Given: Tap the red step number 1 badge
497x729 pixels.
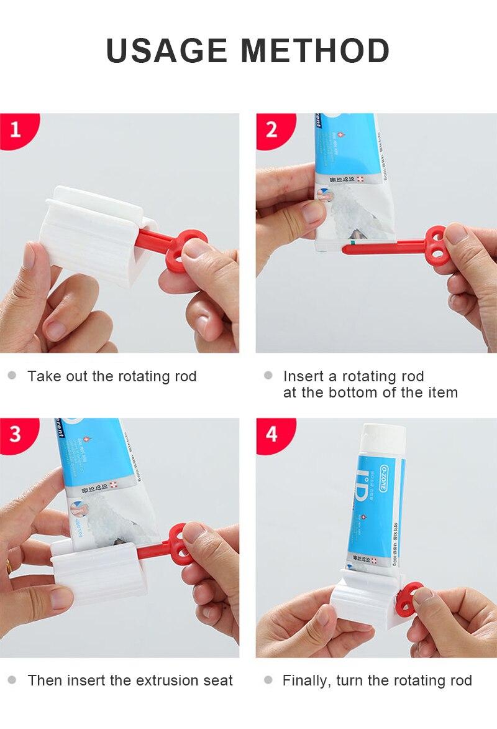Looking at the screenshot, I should point(16,130).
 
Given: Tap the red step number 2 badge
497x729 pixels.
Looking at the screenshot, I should point(271,130).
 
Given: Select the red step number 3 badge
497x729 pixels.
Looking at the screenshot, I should point(16,434).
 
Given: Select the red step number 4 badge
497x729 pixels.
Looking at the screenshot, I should point(271,434).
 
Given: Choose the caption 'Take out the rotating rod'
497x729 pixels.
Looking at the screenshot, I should point(112,376).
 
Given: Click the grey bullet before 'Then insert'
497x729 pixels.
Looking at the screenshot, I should point(12,679).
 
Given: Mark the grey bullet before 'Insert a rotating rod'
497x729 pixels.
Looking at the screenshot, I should point(268,375).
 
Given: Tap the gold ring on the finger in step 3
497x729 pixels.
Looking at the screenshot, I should point(7,567).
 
